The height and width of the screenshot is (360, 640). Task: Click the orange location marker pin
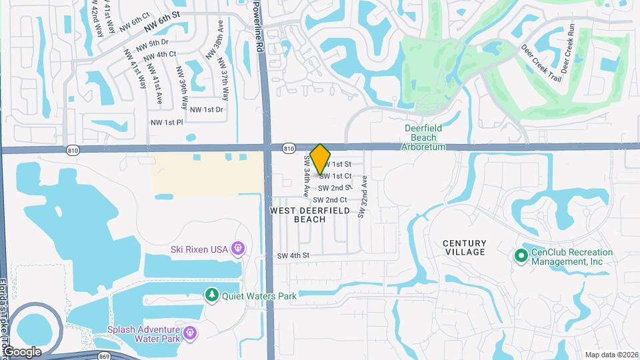[x=321, y=159]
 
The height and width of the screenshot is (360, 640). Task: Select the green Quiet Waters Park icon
[x=212, y=295]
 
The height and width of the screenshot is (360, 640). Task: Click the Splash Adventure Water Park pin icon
[x=189, y=331]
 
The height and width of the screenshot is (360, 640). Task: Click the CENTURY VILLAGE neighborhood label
[x=465, y=247]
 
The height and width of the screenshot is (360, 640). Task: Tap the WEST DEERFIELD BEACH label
[x=310, y=215]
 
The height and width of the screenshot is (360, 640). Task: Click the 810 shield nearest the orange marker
[x=288, y=147]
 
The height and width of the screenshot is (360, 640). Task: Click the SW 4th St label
[x=294, y=255]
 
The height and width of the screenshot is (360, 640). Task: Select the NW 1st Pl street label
[x=165, y=123]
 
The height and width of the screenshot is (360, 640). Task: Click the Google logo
[x=22, y=351]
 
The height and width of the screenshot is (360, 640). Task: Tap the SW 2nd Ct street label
[x=330, y=200]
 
